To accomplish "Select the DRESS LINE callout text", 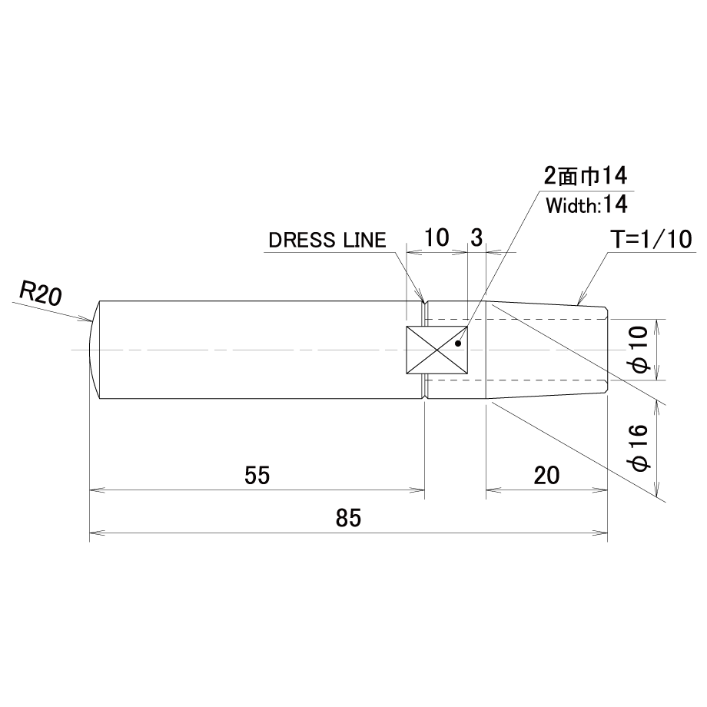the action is [x=327, y=241].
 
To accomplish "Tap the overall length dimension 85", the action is [x=348, y=518].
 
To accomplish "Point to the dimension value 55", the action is [x=257, y=475].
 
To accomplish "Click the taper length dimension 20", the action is [x=546, y=475].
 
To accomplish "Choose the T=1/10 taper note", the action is [x=651, y=240].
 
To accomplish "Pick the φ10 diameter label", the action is [x=641, y=350].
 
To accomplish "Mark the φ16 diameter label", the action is [x=641, y=448].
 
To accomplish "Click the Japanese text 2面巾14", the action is [x=586, y=176].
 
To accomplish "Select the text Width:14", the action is [x=586, y=205].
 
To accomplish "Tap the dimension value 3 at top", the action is [x=476, y=237].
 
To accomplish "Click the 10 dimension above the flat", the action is [x=436, y=237].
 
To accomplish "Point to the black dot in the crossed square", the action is [x=458, y=344].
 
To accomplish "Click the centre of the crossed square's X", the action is [x=437, y=350].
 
